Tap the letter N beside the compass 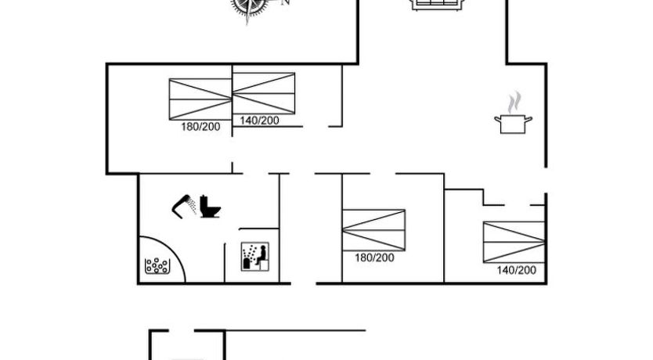click(286, 2)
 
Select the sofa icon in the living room click(438, 5)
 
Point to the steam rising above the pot click(514, 102)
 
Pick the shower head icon click(184, 206)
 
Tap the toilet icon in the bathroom click(210, 206)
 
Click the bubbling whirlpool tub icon click(157, 266)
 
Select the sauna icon click(255, 257)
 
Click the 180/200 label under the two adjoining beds click(200, 127)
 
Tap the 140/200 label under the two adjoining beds click(259, 121)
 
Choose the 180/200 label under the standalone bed click(374, 257)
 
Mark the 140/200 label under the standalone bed click(517, 270)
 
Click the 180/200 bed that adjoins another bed click(200, 99)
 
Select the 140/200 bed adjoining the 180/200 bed click(264, 93)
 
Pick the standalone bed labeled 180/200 click(373, 230)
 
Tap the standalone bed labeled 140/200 click(514, 243)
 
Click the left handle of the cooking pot click(497, 120)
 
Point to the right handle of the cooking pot click(529, 120)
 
